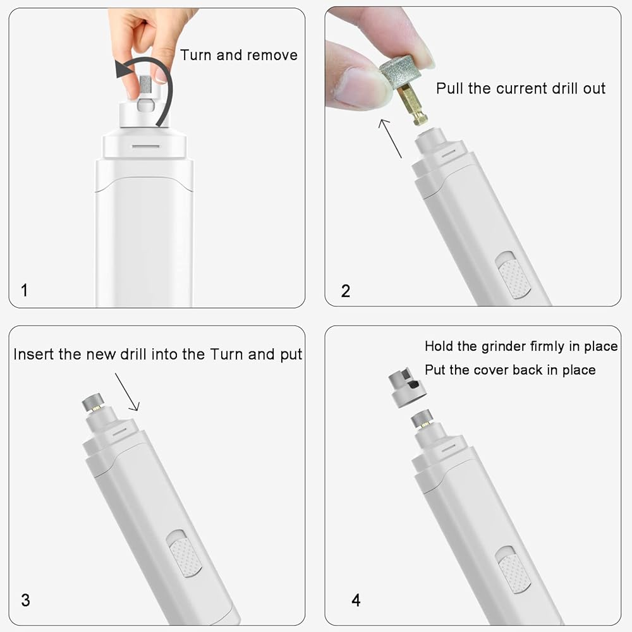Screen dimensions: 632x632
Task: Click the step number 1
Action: pyautogui.click(x=25, y=290)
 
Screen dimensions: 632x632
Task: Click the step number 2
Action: pyautogui.click(x=346, y=291)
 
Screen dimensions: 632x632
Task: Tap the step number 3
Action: pyautogui.click(x=25, y=600)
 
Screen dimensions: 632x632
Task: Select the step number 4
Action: pyautogui.click(x=356, y=600)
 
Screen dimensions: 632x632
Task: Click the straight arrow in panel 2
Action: pyautogui.click(x=390, y=138)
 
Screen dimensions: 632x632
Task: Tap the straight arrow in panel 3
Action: pyautogui.click(x=127, y=392)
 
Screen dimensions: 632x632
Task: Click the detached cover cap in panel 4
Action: pyautogui.click(x=407, y=387)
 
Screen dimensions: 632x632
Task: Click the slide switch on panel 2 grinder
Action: pyautogui.click(x=513, y=276)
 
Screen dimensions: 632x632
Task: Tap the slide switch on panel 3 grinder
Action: pyautogui.click(x=184, y=554)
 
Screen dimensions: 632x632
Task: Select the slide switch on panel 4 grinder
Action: pyautogui.click(x=513, y=570)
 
